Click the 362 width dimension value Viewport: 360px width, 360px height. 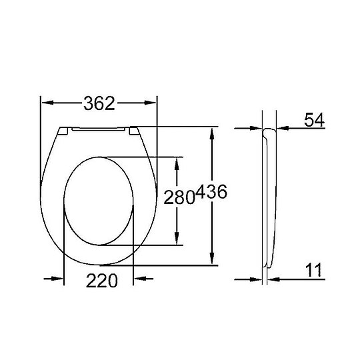click(x=99, y=103)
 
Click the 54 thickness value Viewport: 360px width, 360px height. click(x=313, y=120)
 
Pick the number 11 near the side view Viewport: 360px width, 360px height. click(x=313, y=270)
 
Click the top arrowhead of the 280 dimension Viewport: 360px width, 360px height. click(x=176, y=163)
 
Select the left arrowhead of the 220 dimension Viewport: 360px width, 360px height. click(x=57, y=279)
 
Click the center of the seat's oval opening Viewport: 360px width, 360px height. click(x=99, y=201)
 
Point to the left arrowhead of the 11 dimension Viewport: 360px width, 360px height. click(x=259, y=279)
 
